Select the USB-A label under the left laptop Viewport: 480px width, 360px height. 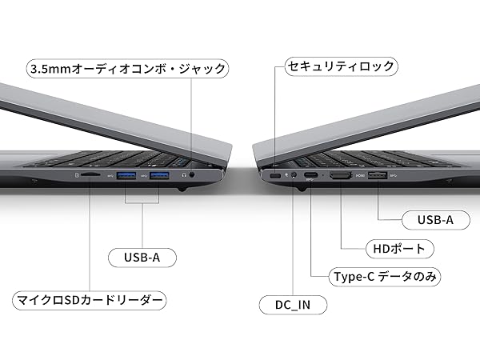[142, 258]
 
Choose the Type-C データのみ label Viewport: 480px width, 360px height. [386, 277]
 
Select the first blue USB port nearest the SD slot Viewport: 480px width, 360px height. [126, 174]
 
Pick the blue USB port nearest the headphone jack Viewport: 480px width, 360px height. [159, 174]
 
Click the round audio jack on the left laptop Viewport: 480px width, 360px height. [192, 174]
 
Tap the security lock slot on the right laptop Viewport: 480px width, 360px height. [275, 175]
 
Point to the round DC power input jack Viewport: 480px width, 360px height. [294, 175]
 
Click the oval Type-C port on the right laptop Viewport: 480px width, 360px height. [310, 175]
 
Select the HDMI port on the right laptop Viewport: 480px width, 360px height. [342, 175]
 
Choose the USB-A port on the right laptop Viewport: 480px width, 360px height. [378, 175]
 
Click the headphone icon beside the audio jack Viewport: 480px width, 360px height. [183, 173]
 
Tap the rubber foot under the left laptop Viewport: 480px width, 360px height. [183, 190]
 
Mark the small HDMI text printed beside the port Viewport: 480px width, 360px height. [360, 174]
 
